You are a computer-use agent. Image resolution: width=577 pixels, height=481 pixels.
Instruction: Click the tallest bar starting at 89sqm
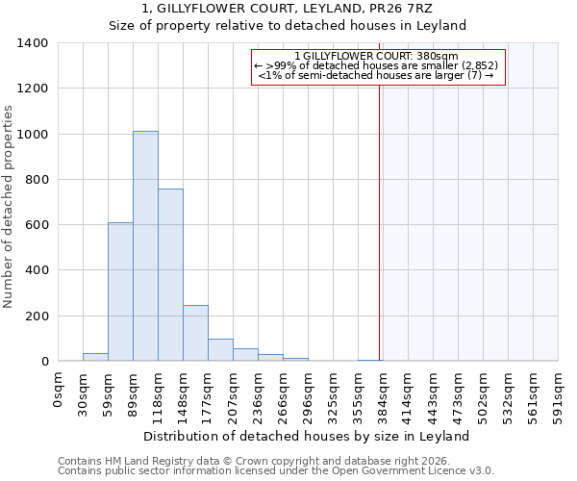145,246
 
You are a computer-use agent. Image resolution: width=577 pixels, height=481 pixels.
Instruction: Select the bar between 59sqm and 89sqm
120,291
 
